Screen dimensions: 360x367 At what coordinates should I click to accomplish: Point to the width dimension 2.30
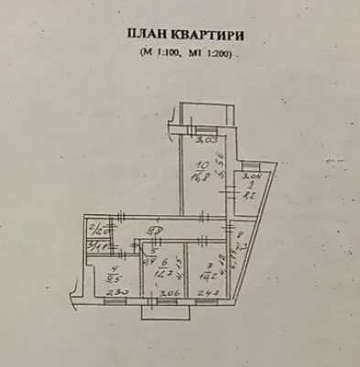[114, 293]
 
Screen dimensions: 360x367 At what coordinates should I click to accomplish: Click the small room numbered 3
[95, 245]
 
